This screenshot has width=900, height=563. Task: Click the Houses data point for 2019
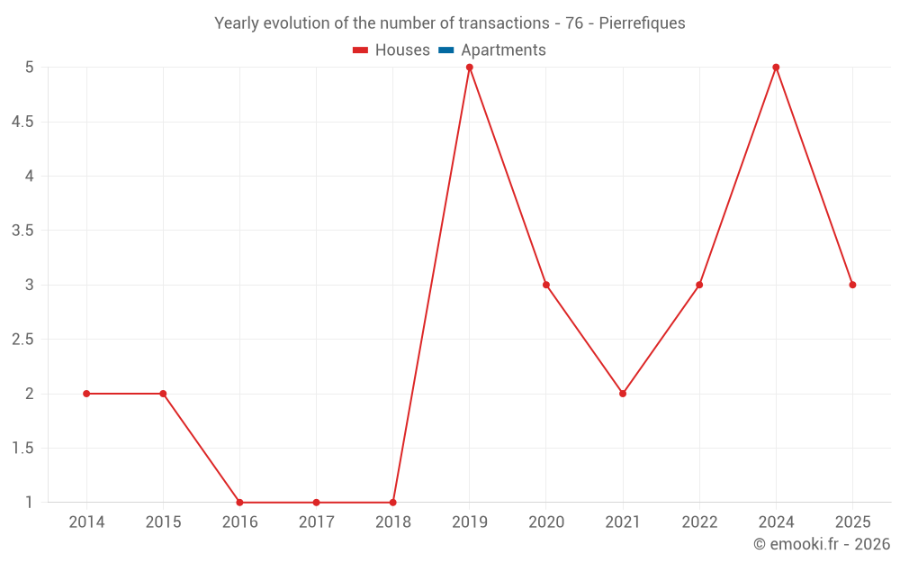tap(470, 68)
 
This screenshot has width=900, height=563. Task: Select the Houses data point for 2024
tap(776, 68)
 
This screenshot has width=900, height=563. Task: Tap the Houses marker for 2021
tap(623, 394)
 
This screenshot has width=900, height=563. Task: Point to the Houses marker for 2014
tap(86, 394)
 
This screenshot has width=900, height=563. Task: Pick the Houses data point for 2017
tap(316, 503)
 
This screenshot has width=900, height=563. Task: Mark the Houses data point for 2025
tap(852, 285)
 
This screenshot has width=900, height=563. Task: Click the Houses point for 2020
tap(546, 285)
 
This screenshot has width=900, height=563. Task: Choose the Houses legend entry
tap(391, 50)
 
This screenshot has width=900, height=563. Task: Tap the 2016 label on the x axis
tap(239, 522)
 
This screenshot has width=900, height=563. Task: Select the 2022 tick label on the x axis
tap(699, 522)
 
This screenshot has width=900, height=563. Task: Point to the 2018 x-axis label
tap(393, 522)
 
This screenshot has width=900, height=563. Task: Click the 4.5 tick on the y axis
tap(22, 122)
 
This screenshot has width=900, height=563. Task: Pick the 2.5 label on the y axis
tap(22, 340)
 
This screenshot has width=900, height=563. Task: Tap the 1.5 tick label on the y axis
tap(22, 449)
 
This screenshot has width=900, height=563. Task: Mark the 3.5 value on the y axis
tap(22, 231)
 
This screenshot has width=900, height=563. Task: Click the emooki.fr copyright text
tap(822, 544)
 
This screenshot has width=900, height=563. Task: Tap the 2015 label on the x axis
tap(163, 522)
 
